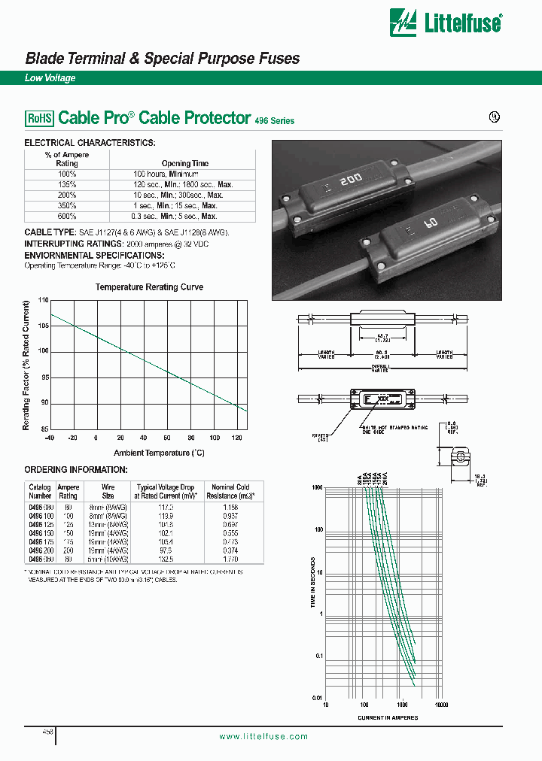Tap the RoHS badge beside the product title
40,118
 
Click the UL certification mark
495,119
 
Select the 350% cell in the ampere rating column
67,205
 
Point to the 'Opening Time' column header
184,163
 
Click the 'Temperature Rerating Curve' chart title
149,287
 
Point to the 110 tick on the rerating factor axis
43,300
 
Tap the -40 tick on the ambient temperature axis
50,438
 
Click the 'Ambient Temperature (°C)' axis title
159,453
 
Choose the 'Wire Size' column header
108,491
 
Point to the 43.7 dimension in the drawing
382,334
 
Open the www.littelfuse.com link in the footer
263,736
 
